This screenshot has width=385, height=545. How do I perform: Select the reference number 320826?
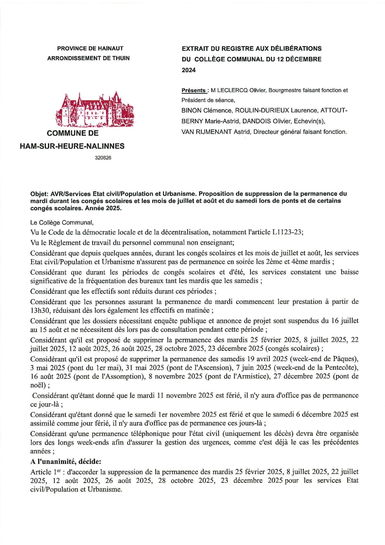(x=103, y=158)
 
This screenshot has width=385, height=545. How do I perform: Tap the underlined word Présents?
(x=193, y=91)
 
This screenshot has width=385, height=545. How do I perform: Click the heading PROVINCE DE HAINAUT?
(x=90, y=49)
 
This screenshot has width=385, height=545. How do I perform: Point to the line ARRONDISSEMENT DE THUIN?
(x=89, y=58)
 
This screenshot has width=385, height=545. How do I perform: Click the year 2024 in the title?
(x=189, y=70)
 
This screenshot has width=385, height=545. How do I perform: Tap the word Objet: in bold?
(x=39, y=194)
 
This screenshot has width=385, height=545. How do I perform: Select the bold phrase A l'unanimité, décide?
(x=66, y=462)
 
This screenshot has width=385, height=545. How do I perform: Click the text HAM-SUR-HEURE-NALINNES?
(x=72, y=146)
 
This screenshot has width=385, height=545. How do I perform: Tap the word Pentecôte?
(x=341, y=368)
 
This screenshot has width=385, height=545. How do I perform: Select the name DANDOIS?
(x=256, y=121)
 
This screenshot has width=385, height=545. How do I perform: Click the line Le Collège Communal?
(x=62, y=223)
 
